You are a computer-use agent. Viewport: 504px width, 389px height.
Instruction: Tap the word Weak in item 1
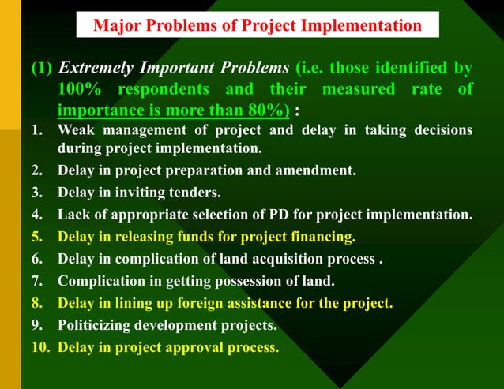pyautogui.click(x=75, y=130)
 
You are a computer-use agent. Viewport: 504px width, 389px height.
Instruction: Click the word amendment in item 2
pyautogui.click(x=313, y=170)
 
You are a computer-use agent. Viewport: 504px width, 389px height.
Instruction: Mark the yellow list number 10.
pyautogui.click(x=39, y=346)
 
